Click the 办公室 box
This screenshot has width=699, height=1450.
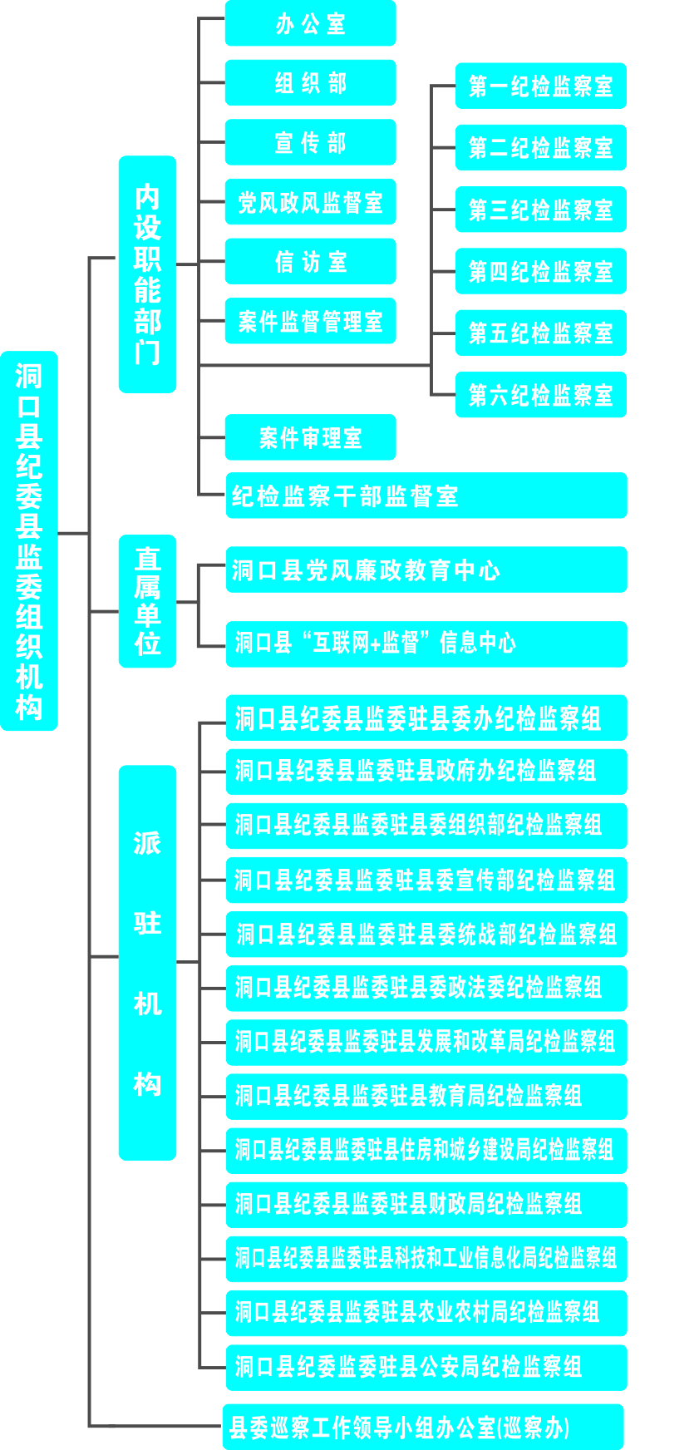pyautogui.click(x=310, y=23)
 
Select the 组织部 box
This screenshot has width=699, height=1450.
pyautogui.click(x=310, y=83)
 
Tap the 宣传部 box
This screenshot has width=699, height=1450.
pyautogui.click(x=310, y=142)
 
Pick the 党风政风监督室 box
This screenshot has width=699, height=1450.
pyautogui.click(x=310, y=202)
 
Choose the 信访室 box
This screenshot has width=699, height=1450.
pyautogui.click(x=310, y=262)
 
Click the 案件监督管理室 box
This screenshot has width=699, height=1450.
pyautogui.click(x=310, y=321)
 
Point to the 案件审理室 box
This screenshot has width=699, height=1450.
pyautogui.click(x=310, y=437)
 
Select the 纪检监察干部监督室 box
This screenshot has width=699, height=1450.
pyautogui.click(x=426, y=496)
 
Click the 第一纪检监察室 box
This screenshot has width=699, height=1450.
pyautogui.click(x=540, y=86)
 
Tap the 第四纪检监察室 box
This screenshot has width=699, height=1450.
pyautogui.click(x=540, y=271)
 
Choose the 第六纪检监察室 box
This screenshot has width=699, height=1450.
pyautogui.click(x=540, y=395)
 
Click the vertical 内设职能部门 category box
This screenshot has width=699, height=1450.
pyautogui.click(x=147, y=274)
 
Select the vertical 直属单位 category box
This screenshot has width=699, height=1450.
pyautogui.click(x=147, y=601)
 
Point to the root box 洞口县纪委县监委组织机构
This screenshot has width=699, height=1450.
pyautogui.click(x=29, y=540)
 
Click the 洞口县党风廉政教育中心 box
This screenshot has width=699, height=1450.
pyautogui.click(x=426, y=570)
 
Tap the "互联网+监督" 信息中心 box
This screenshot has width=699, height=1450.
pyautogui.click(x=426, y=644)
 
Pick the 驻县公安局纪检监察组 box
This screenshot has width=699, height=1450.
pyautogui.click(x=426, y=1367)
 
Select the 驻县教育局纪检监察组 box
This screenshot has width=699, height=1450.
pyautogui.click(x=426, y=1096)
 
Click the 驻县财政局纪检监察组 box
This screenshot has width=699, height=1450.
pyautogui.click(x=426, y=1204)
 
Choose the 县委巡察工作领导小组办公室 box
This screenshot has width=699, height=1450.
pyautogui.click(x=423, y=1427)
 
